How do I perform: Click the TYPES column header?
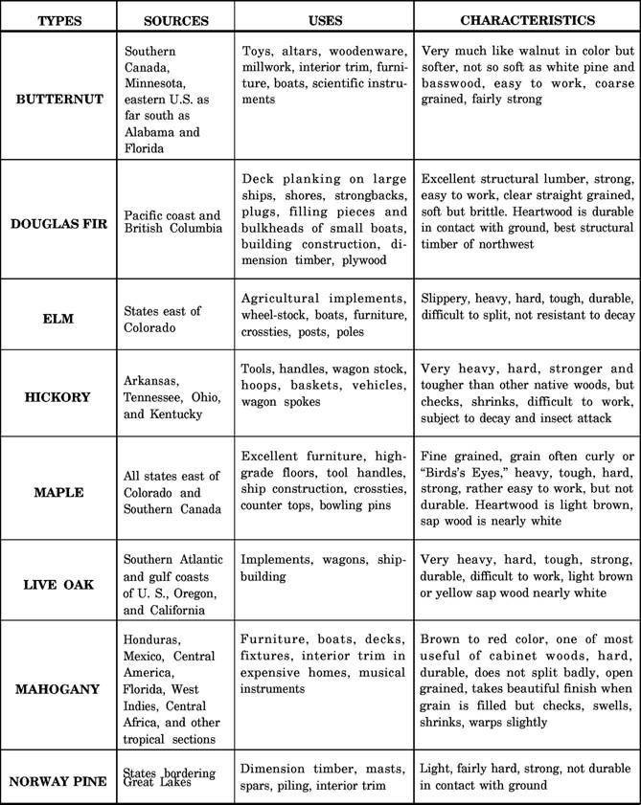click(x=59, y=20)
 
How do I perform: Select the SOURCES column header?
click(x=175, y=20)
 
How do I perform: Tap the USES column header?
click(x=326, y=20)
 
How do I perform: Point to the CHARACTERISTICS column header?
click(x=527, y=20)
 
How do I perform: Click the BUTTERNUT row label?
click(x=59, y=98)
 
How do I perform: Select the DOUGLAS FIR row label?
click(x=59, y=223)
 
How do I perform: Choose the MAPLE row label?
click(x=59, y=492)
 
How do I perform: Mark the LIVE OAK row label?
click(x=59, y=582)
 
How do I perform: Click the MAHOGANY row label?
click(x=59, y=689)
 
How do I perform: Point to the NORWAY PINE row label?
click(x=59, y=781)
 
